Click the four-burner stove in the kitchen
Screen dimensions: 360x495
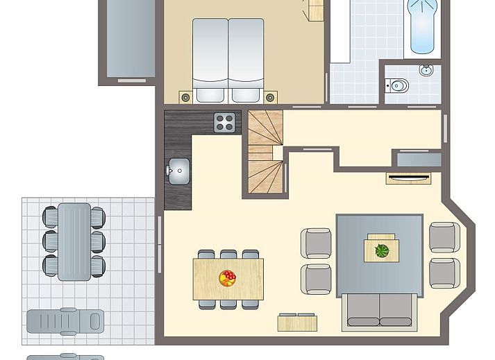tap(224, 123)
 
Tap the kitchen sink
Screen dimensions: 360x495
tap(178, 170)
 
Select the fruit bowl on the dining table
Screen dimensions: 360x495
tap(227, 278)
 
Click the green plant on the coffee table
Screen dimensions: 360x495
tap(382, 250)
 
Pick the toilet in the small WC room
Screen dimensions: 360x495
tap(398, 86)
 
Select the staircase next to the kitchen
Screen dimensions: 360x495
tap(265, 153)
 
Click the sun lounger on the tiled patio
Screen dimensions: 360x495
tap(65, 321)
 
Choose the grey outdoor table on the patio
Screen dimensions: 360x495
tap(74, 241)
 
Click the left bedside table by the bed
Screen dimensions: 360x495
tap(185, 97)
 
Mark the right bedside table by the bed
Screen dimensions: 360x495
tap(270, 97)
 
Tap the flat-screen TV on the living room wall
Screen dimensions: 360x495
tap(408, 178)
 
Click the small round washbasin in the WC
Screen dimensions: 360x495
tap(426, 70)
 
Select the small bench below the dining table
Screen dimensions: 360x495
tap(297, 323)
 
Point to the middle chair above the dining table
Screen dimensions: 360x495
tap(228, 255)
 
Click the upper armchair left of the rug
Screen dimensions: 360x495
tap(316, 243)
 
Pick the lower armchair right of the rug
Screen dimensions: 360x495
tap(444, 273)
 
